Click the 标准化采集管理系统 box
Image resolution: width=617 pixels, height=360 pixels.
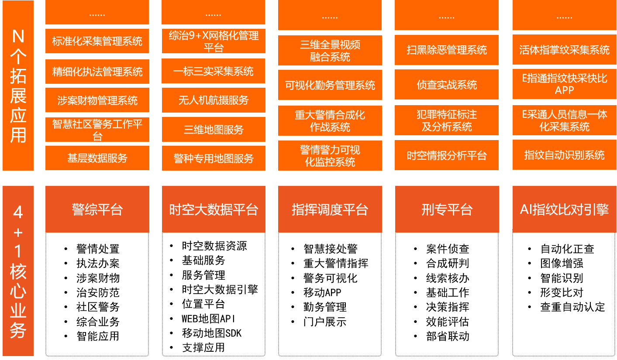tap(97, 41)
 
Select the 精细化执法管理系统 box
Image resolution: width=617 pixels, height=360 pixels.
tap(97, 72)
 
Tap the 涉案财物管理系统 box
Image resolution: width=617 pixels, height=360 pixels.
tap(97, 100)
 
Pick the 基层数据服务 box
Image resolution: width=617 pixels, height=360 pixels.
tap(97, 158)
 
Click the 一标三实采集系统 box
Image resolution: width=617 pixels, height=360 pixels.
tap(213, 71)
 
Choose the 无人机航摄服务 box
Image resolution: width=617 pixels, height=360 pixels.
tap(213, 100)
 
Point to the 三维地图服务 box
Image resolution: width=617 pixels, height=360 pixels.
tap(213, 130)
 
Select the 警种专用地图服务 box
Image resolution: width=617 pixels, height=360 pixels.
tap(213, 158)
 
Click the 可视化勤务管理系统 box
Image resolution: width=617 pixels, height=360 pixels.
tap(330, 85)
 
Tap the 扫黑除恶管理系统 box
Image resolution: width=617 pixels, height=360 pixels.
tap(446, 50)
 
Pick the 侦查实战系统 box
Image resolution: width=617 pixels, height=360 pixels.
tap(446, 85)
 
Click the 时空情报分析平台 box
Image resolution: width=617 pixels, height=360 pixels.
tap(446, 155)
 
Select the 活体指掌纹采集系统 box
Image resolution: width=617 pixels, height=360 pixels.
tap(564, 50)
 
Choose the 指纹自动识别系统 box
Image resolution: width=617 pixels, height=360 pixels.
tap(564, 155)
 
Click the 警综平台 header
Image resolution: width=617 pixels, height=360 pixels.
tap(97, 209)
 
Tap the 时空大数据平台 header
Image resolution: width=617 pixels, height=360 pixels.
tap(213, 209)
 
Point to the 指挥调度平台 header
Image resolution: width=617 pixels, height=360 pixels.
tap(330, 209)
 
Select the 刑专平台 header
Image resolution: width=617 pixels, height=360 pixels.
tap(447, 209)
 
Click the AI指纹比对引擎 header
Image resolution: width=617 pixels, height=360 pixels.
tap(564, 209)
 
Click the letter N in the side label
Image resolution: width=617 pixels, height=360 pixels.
tap(18, 36)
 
